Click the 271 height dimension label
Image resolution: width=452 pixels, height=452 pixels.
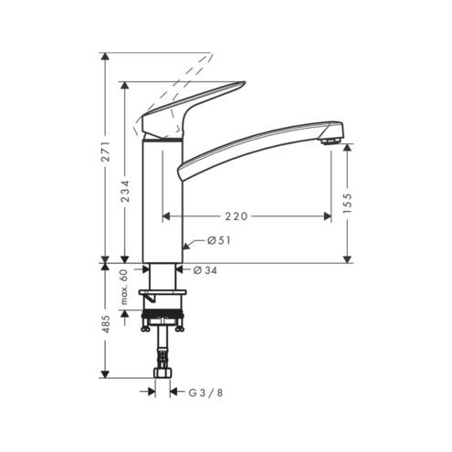click(x=106, y=152)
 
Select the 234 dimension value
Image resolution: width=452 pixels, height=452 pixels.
click(x=125, y=192)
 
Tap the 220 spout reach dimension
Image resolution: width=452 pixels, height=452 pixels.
click(x=237, y=216)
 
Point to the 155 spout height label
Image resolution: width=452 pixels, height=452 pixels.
click(x=347, y=203)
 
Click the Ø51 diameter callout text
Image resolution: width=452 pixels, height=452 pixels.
click(x=219, y=241)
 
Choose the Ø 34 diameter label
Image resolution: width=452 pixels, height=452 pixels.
click(x=205, y=270)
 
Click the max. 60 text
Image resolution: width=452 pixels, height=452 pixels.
click(x=124, y=288)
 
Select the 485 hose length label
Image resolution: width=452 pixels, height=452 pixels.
click(x=106, y=324)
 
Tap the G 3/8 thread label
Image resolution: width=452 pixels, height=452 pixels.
click(x=205, y=393)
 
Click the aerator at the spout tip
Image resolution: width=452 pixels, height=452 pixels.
click(x=331, y=141)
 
